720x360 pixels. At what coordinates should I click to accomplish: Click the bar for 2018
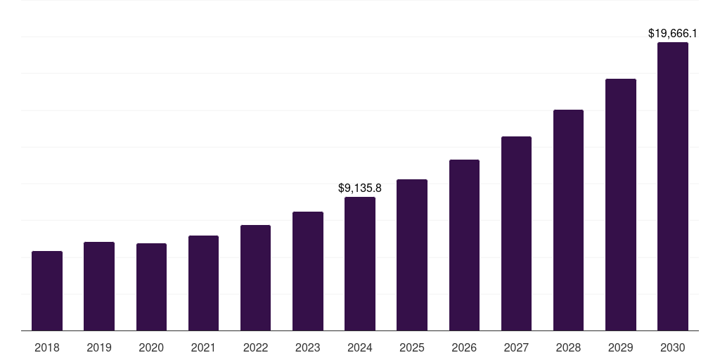tap(47, 290)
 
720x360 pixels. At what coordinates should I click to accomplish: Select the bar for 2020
tap(151, 287)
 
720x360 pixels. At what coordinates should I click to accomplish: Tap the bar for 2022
tap(255, 278)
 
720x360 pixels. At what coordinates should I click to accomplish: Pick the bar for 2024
tap(360, 264)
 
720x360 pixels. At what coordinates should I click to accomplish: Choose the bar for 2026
tap(464, 245)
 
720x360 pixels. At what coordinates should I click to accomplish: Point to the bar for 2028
tap(568, 220)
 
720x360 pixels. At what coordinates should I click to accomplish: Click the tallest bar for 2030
tap(673, 186)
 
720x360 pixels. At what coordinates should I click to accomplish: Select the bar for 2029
tap(621, 205)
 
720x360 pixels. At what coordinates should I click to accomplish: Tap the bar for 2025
tap(412, 255)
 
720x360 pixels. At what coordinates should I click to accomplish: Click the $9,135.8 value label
tap(360, 188)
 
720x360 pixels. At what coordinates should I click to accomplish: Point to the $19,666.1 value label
tap(672, 33)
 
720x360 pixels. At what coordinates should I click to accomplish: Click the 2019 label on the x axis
tap(99, 347)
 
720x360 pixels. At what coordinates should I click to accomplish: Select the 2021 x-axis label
tap(203, 347)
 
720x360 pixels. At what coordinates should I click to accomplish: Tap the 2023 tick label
tap(308, 347)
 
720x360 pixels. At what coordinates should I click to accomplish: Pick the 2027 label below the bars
tap(516, 347)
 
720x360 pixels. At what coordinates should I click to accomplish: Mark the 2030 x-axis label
tap(673, 347)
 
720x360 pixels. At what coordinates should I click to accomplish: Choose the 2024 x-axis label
tap(360, 347)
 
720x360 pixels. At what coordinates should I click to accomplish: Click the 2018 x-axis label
tap(47, 347)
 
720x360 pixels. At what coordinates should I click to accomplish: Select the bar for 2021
tap(203, 283)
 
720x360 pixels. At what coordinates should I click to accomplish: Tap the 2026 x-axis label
tap(464, 347)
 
